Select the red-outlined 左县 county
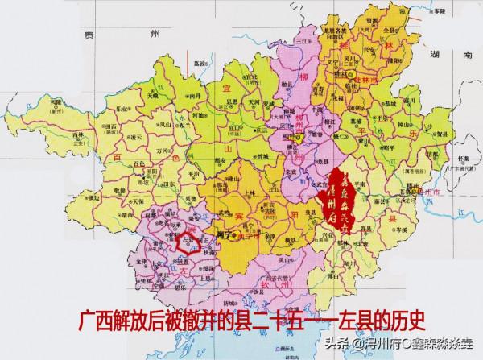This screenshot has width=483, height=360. (x=192, y=243)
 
